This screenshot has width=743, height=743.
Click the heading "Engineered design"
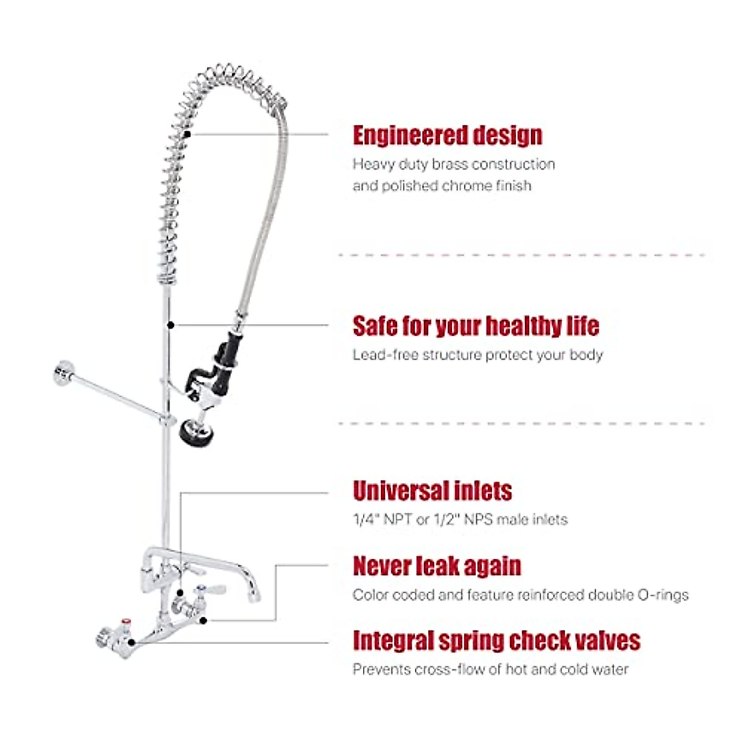pyautogui.click(x=447, y=136)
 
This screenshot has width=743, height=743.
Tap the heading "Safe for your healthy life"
pyautogui.click(x=476, y=326)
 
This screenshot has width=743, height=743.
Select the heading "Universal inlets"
pyautogui.click(x=432, y=491)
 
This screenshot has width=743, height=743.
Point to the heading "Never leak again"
pyautogui.click(x=437, y=566)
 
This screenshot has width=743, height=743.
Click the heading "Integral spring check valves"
pyautogui.click(x=497, y=641)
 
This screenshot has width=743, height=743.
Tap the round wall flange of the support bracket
pyautogui.click(x=62, y=373)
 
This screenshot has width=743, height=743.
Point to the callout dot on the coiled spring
pyautogui.click(x=187, y=134)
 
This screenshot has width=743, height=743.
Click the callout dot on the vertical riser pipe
pyautogui.click(x=170, y=324)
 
